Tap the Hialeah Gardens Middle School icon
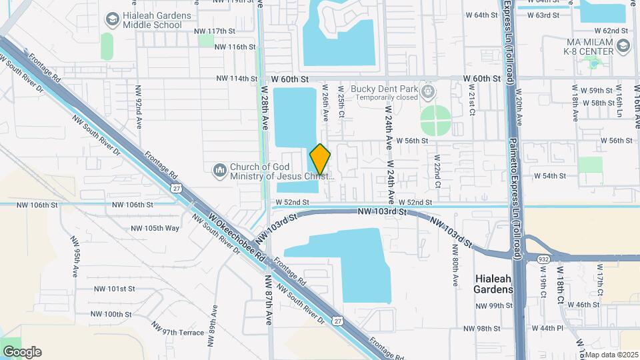point(111,17)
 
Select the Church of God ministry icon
point(220,172)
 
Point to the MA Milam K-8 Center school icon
point(623,45)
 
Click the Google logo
point(22,352)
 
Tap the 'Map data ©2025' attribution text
point(611,354)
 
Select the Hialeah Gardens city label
point(493,284)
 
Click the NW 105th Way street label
point(155,228)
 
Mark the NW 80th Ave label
point(455,265)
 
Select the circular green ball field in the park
point(436,121)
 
